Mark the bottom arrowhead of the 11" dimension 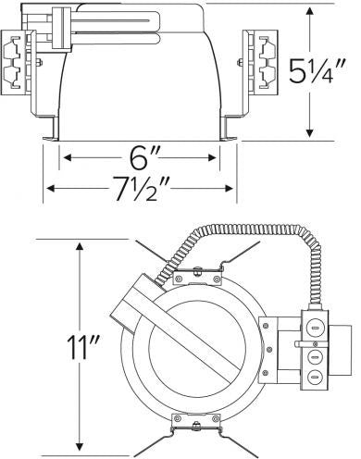pos(81,449)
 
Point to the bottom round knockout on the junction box pos(314,378)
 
